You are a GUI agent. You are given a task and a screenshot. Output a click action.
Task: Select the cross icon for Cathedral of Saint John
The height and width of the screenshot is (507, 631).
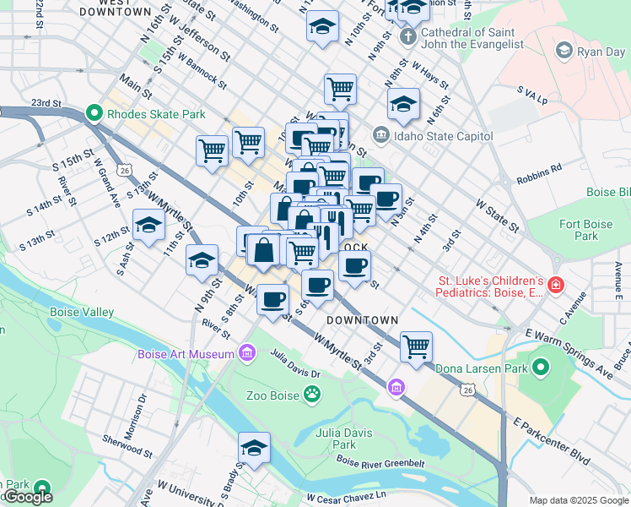click(x=407, y=36)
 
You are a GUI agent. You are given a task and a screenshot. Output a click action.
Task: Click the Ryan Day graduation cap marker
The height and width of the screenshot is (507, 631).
click(x=563, y=52)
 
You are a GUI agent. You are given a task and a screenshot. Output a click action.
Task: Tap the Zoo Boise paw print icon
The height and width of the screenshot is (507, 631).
click(x=313, y=394)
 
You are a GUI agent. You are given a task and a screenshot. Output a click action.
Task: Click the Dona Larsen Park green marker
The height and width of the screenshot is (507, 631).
click(x=540, y=368)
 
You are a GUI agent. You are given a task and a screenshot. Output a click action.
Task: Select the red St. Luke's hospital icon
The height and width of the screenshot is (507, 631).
click(x=555, y=286)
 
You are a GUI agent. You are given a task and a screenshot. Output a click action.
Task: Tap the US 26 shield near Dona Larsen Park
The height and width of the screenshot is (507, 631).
click(x=469, y=388)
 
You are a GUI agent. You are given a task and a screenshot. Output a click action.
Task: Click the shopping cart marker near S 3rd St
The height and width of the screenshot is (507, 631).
click(x=416, y=346)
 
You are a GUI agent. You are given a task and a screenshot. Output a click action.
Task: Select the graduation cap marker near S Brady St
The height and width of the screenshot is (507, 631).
click(x=252, y=448)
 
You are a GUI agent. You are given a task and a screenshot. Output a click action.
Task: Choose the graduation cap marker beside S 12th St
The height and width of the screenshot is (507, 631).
click(x=148, y=226)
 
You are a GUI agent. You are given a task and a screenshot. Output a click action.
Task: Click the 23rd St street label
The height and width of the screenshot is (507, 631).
click(x=47, y=103)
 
